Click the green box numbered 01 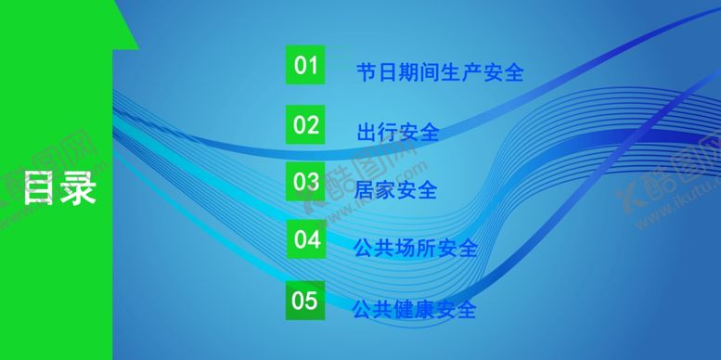pos(305,66)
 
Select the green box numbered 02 pos(305,124)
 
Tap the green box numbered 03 pos(305,182)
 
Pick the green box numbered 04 pos(305,240)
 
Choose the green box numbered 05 pos(305,301)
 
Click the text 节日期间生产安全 pos(440,72)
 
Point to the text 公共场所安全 pos(415,249)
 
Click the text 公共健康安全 pos(414,308)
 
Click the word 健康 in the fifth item pos(414,308)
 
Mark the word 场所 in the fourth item pos(415,249)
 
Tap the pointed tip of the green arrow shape pos(137,47)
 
